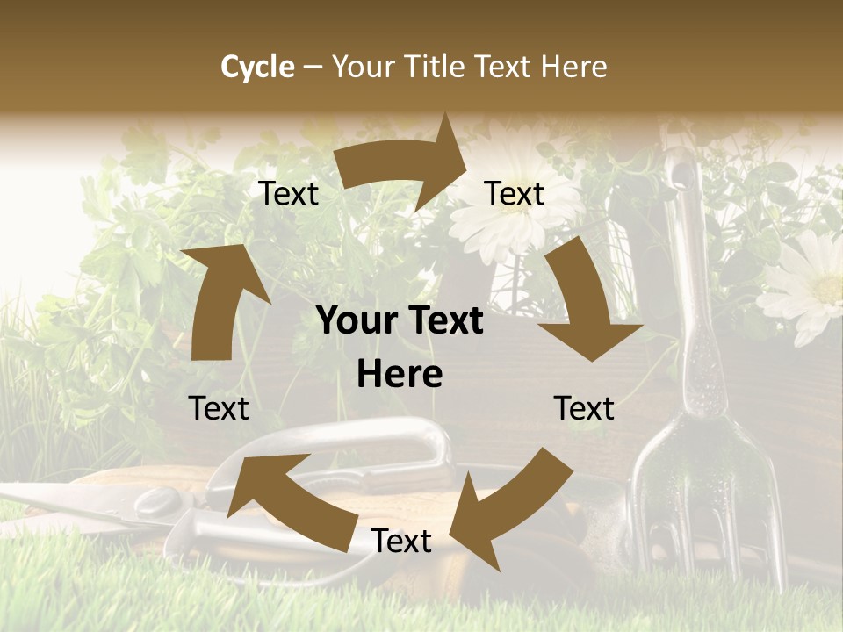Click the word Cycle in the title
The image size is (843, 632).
257,67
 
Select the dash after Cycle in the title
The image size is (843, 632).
313,67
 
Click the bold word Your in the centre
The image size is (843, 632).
356,321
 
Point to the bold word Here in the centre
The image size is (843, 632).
400,375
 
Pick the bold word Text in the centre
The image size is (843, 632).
442,321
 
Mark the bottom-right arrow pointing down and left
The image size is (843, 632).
509,500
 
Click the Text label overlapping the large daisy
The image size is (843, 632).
515,194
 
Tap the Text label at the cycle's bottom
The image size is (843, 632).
401,542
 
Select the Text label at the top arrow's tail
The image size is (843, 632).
288,194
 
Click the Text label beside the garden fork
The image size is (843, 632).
584,408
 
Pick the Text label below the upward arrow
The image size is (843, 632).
219,408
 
